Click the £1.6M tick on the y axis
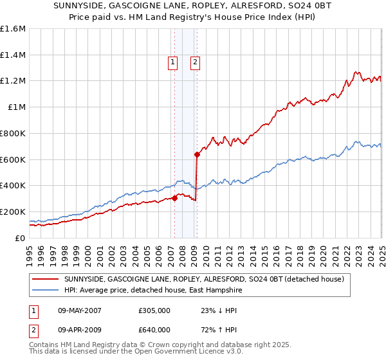[x=13, y=29]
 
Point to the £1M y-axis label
[x=17, y=107]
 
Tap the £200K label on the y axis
[x=13, y=212]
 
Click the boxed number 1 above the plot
[x=173, y=62]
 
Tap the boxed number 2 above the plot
[x=194, y=62]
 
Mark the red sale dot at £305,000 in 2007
[x=174, y=198]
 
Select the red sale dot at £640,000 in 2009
[x=197, y=154]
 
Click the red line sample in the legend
[x=45, y=279]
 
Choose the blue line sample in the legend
[x=45, y=291]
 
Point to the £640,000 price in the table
[x=154, y=330]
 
